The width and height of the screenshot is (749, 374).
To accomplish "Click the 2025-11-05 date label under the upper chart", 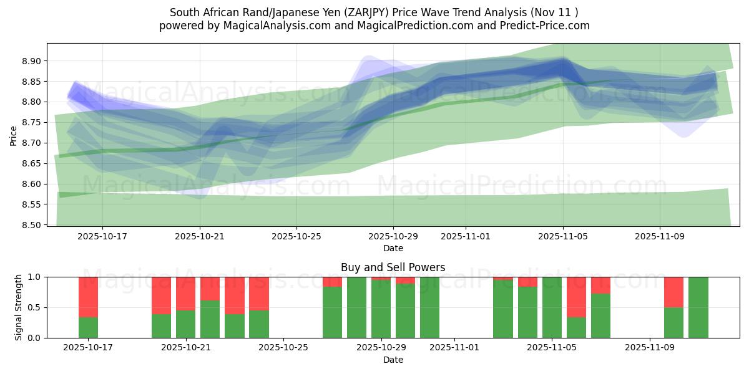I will click(x=563, y=237).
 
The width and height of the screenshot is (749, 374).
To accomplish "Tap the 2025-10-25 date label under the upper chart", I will click(x=296, y=237).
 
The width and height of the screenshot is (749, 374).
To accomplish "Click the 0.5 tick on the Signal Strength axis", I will click(x=35, y=307).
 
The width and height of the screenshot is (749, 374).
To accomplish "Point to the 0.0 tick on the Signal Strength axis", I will click(x=35, y=338).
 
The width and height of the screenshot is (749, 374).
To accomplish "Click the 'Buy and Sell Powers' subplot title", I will click(x=393, y=267).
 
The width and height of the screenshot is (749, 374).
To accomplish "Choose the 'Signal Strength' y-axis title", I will click(x=19, y=307).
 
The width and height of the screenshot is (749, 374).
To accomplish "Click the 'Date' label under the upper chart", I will click(x=393, y=248).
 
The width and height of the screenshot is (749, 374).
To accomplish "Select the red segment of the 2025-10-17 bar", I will click(x=88, y=297).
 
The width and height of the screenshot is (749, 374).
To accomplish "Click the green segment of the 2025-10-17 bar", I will click(x=88, y=328).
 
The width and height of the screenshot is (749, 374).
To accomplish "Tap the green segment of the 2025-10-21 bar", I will click(x=185, y=324).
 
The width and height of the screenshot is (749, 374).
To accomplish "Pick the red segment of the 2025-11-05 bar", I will click(x=576, y=297).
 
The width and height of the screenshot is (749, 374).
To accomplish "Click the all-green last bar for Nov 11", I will click(x=698, y=307).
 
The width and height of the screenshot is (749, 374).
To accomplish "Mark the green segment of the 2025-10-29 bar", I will click(x=381, y=309).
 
